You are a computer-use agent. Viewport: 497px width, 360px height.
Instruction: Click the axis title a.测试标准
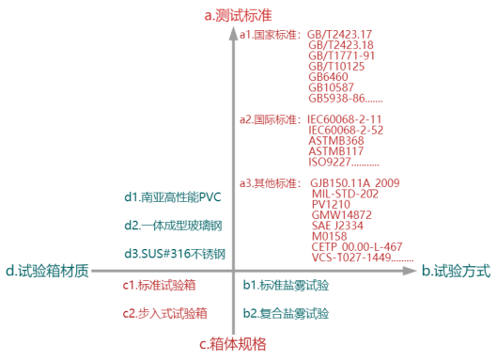point(238,15)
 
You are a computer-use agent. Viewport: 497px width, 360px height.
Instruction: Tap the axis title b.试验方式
point(456,271)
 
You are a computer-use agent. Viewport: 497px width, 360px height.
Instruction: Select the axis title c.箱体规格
point(233,344)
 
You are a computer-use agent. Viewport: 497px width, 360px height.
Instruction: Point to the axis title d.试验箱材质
point(48,271)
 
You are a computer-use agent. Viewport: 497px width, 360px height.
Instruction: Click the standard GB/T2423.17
point(339,34)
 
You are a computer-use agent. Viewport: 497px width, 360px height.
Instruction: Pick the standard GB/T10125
point(336,67)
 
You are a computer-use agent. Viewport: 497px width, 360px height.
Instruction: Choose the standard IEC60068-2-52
point(346,130)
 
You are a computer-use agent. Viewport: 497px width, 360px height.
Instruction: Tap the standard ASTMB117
point(336,151)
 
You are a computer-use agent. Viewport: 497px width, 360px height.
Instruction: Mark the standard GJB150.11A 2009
point(355,183)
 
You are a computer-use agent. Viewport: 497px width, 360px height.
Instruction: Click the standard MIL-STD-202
point(345,194)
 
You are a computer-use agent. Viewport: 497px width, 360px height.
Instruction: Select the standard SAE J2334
point(337,226)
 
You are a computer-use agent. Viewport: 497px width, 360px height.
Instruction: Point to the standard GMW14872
point(342,215)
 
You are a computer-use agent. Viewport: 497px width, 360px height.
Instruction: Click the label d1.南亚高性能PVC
point(173,197)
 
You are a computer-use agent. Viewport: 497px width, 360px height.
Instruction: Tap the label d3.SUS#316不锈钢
point(175,254)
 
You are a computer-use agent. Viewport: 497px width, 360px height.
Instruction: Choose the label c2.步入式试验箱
point(164,313)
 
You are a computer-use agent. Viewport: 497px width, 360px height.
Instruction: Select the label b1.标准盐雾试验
point(286,285)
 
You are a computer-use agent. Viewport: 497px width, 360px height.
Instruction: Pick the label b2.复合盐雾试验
point(286,313)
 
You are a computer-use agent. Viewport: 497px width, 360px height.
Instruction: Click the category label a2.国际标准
point(270,119)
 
